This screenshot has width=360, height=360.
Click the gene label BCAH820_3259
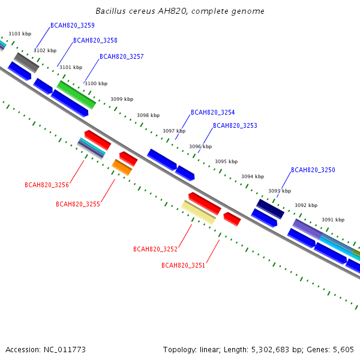click(x=72, y=25)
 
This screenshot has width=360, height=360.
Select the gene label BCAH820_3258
click(x=95, y=41)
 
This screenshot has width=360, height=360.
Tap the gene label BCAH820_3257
click(x=121, y=56)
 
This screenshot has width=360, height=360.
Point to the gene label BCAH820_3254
click(x=212, y=113)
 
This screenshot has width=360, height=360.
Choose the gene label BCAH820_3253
click(x=235, y=126)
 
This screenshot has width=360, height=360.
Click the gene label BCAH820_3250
click(x=313, y=170)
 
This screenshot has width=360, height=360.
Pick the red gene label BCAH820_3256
click(x=47, y=185)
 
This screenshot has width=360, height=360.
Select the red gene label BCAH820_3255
click(x=78, y=204)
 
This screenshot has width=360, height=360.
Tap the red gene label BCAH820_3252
click(x=155, y=249)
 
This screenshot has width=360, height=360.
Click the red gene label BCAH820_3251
click(x=183, y=265)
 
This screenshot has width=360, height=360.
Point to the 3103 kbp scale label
click(x=19, y=35)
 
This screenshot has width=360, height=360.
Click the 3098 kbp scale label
click(x=148, y=115)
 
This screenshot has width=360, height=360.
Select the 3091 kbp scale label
click(x=333, y=220)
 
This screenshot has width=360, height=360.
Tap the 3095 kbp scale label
click(x=226, y=161)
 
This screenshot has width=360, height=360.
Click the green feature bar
click(x=76, y=95)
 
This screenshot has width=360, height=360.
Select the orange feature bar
click(x=122, y=167)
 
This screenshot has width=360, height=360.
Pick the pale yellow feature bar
click(x=198, y=212)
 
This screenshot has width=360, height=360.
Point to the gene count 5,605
click(x=343, y=349)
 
